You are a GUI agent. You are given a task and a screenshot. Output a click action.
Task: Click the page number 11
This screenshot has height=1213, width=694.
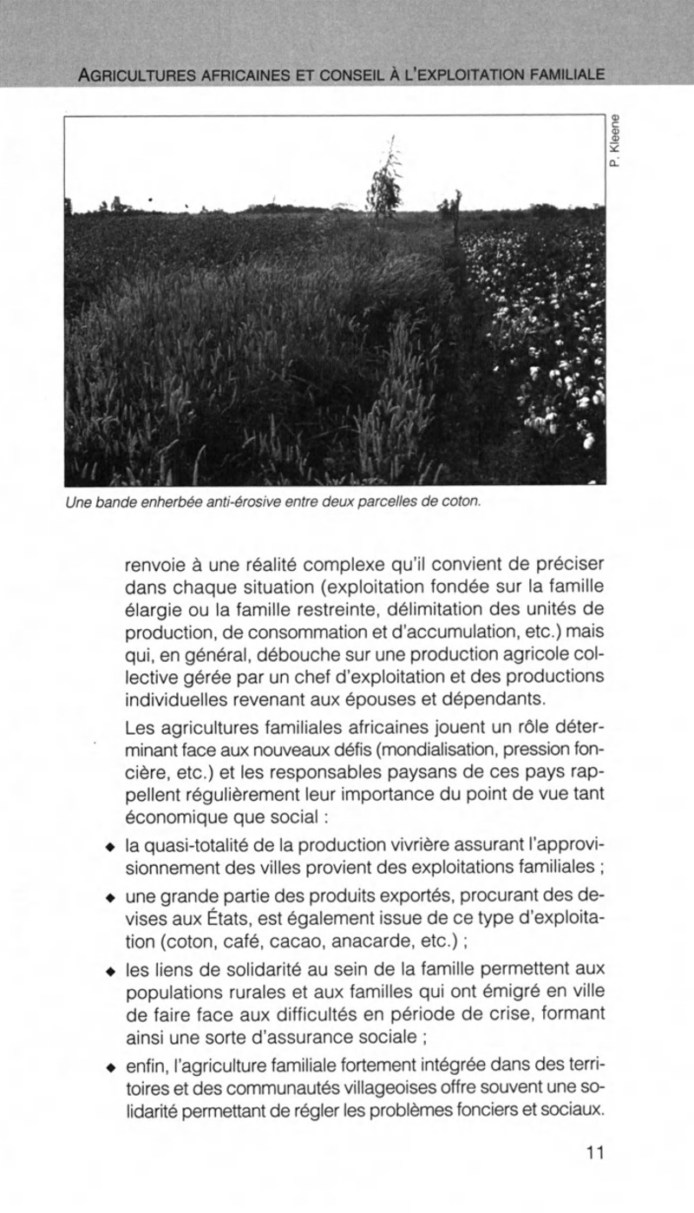click(x=593, y=1153)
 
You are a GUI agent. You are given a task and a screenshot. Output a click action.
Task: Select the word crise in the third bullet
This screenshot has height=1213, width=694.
click(x=469, y=1013)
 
